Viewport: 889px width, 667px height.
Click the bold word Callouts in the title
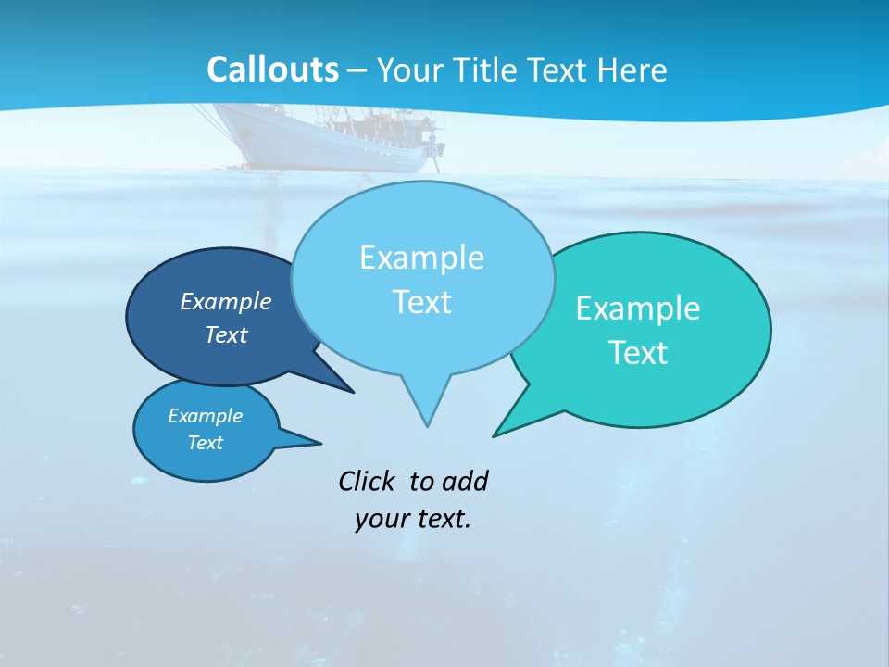coord(272,69)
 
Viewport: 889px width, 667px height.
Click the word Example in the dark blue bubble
coord(226,301)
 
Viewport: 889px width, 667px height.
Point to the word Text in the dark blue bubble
coord(226,334)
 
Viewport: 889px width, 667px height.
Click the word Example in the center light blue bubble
coord(421,258)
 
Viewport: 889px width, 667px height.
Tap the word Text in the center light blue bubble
coord(421,302)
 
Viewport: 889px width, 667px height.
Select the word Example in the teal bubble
coord(638,308)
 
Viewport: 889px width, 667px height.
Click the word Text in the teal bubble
coord(638,353)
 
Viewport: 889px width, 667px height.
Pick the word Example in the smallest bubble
coord(206,416)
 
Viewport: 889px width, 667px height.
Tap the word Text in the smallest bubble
coord(206,443)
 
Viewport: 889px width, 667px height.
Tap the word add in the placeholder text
coord(466,481)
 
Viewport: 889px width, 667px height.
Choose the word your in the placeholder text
coord(378,519)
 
